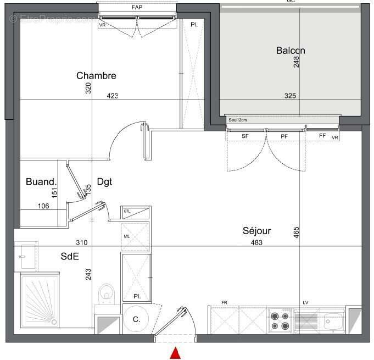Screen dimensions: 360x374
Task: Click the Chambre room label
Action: pos(96,76)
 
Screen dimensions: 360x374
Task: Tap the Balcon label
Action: pos(291,51)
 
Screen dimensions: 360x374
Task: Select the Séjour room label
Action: pos(257,231)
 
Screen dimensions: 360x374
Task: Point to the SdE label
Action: pos(70,256)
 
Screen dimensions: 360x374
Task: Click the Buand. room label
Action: pos(41,182)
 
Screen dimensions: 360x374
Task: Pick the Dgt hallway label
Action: pos(104,181)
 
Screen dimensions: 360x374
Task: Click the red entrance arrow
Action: pos(175,353)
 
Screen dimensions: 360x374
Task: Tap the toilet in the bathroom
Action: pos(107,293)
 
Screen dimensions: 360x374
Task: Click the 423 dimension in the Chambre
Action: pos(112,96)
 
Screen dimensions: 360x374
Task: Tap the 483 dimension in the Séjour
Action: pos(256,242)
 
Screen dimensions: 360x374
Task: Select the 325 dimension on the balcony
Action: pos(290,96)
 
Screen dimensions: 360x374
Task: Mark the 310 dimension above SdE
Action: pos(81,242)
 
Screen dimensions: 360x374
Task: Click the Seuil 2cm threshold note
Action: pos(237,120)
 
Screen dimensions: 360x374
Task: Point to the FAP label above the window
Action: pos(137,8)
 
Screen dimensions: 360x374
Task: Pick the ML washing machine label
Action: pos(127,236)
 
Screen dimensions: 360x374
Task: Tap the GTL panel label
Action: pos(127,211)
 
